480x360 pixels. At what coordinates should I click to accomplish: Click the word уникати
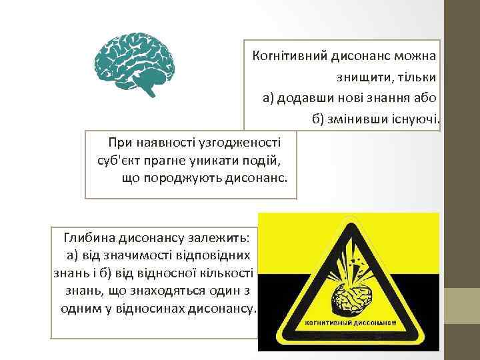209,160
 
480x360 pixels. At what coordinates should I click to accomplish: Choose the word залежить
216,237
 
